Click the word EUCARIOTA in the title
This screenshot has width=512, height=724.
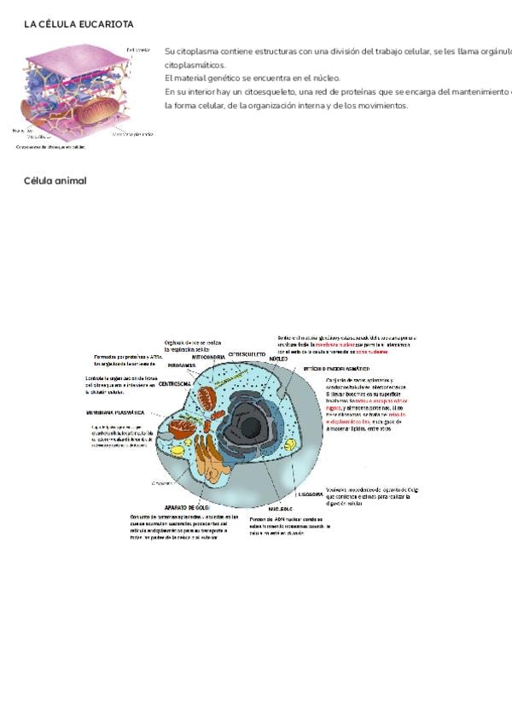pos(106,25)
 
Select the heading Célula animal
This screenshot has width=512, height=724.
pos(55,181)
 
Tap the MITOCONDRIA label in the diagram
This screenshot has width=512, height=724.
pos(208,357)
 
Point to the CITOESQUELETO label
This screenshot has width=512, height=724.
pos(247,353)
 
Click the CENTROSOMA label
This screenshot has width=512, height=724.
pos(174,384)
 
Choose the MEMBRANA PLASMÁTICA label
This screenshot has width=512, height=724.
pos(115,412)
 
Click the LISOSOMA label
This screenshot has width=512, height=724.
pos(310,493)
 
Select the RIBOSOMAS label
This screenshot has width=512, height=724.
pos(182,365)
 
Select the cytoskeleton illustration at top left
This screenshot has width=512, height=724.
pos(68,92)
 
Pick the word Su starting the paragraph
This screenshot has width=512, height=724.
pos(169,51)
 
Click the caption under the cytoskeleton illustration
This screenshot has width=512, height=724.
pos(51,147)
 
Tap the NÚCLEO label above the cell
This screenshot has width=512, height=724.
pos(278,359)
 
